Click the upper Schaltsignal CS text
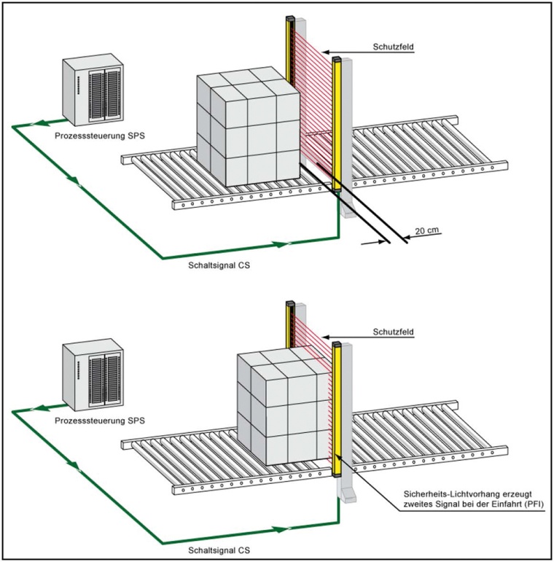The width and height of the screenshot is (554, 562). pyautogui.click(x=219, y=267)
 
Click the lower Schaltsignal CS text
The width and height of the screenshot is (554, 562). pyautogui.click(x=219, y=552)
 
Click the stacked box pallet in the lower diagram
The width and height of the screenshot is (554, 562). pyautogui.click(x=286, y=412)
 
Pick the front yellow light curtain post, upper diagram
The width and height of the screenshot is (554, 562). pyautogui.click(x=337, y=124)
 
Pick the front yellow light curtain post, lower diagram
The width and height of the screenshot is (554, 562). pyautogui.click(x=337, y=408)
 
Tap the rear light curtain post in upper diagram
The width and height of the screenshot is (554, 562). pyautogui.click(x=290, y=51)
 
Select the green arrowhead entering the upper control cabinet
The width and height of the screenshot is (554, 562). pyautogui.click(x=43, y=124)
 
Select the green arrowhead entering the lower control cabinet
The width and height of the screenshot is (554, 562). pyautogui.click(x=43, y=409)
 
